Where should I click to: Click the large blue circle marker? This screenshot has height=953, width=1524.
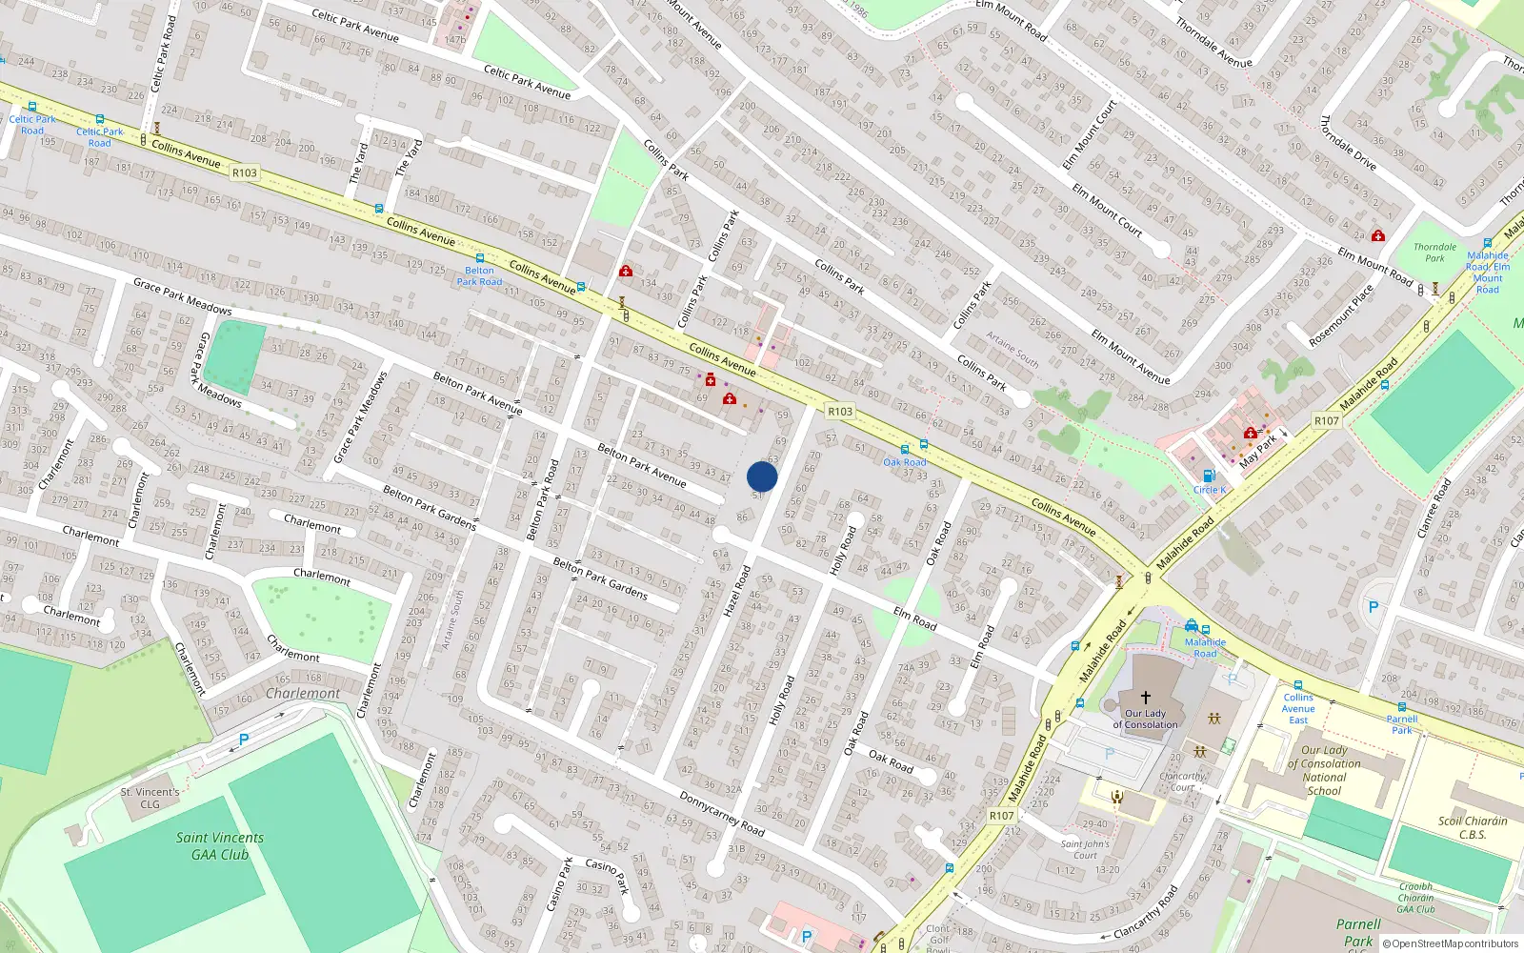762,476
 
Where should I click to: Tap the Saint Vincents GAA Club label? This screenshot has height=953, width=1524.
220,846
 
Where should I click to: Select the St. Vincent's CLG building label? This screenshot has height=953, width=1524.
150,798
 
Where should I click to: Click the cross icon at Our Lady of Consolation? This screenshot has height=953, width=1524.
1145,698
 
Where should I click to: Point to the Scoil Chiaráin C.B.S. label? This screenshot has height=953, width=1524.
1473,827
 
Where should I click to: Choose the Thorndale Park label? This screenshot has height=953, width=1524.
1434,253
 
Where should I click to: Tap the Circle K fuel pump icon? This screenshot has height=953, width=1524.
1208,476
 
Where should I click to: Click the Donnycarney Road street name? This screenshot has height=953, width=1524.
722,813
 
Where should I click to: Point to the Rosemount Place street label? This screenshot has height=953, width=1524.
1341,315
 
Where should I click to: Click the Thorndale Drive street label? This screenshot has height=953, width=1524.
1348,143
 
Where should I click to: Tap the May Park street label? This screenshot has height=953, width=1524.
1257,452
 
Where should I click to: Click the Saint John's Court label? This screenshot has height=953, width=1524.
1085,849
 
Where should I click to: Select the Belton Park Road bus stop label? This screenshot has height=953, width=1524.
479,275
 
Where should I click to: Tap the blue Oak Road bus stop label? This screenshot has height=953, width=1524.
904,462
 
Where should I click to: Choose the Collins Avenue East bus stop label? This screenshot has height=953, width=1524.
1297,708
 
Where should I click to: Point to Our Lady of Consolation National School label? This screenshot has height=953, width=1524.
1324,770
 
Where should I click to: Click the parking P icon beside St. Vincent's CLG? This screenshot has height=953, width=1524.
244,739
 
